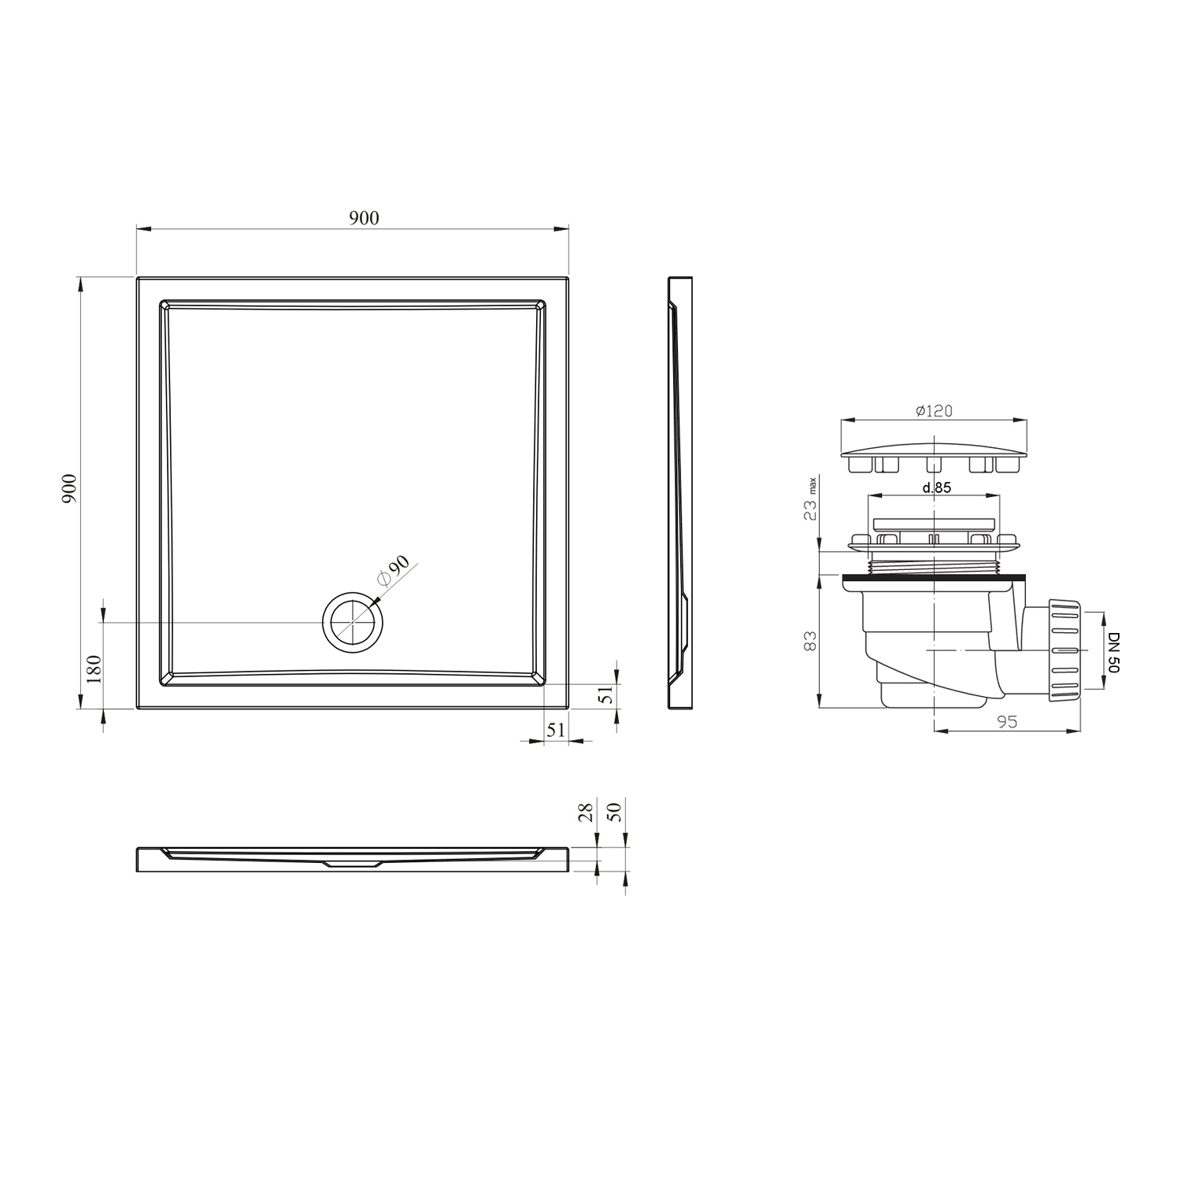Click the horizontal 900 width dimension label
click(x=364, y=218)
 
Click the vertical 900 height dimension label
click(x=69, y=489)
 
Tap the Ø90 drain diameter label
click(x=394, y=570)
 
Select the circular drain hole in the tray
click(x=354, y=622)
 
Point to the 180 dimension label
click(x=94, y=669)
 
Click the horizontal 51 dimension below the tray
click(x=556, y=730)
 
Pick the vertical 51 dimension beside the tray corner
click(x=605, y=694)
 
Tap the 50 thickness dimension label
click(x=616, y=811)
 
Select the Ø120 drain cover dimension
click(x=935, y=411)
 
